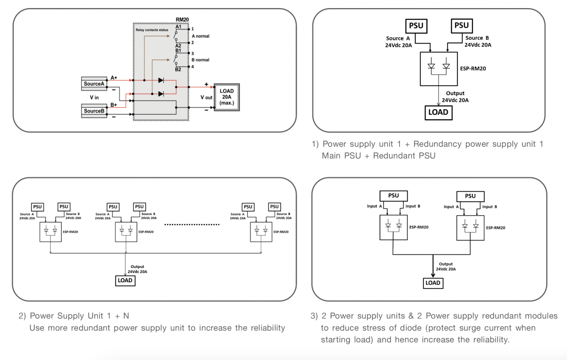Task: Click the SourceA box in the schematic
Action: [94, 84]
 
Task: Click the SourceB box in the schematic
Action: [94, 111]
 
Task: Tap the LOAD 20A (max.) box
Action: [227, 97]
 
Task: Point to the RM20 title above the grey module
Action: [182, 20]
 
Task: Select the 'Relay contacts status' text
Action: [152, 30]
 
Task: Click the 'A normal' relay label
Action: [200, 36]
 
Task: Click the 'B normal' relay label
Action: [200, 60]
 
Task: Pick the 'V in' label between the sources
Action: [94, 97]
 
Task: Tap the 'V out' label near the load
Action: [206, 97]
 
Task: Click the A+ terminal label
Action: [114, 78]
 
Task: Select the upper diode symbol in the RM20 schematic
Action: [161, 80]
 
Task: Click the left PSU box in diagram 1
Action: [416, 26]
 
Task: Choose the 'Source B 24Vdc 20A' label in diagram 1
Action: [478, 41]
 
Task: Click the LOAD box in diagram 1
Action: [438, 112]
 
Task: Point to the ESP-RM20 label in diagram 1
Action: [473, 69]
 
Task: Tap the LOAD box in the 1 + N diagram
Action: [125, 281]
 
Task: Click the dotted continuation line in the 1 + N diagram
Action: [192, 224]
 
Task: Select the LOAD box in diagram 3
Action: [433, 283]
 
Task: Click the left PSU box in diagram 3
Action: [394, 196]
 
